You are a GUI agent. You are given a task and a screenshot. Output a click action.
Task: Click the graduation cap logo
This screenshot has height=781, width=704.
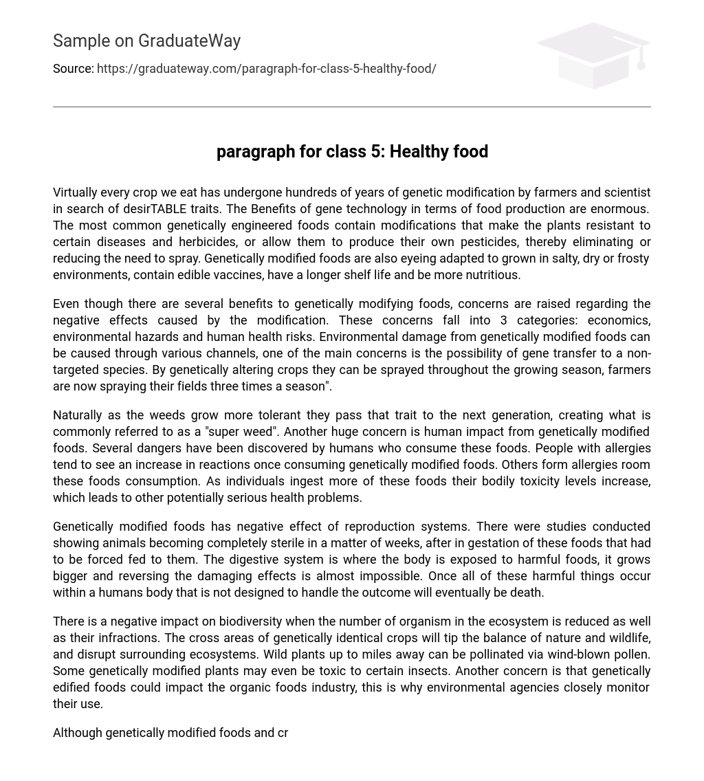593,55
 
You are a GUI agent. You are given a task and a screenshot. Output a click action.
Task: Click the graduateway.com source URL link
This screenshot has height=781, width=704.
266,69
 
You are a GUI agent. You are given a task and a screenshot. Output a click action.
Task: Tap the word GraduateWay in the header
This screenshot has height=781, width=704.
189,41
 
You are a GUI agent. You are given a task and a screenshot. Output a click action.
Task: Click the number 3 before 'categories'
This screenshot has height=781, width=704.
504,320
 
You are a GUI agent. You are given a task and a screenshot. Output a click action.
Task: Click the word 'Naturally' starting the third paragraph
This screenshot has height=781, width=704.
79,415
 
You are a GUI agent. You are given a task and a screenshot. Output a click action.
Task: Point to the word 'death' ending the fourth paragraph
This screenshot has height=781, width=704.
527,593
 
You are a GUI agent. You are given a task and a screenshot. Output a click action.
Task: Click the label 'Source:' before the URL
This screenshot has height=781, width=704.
74,69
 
